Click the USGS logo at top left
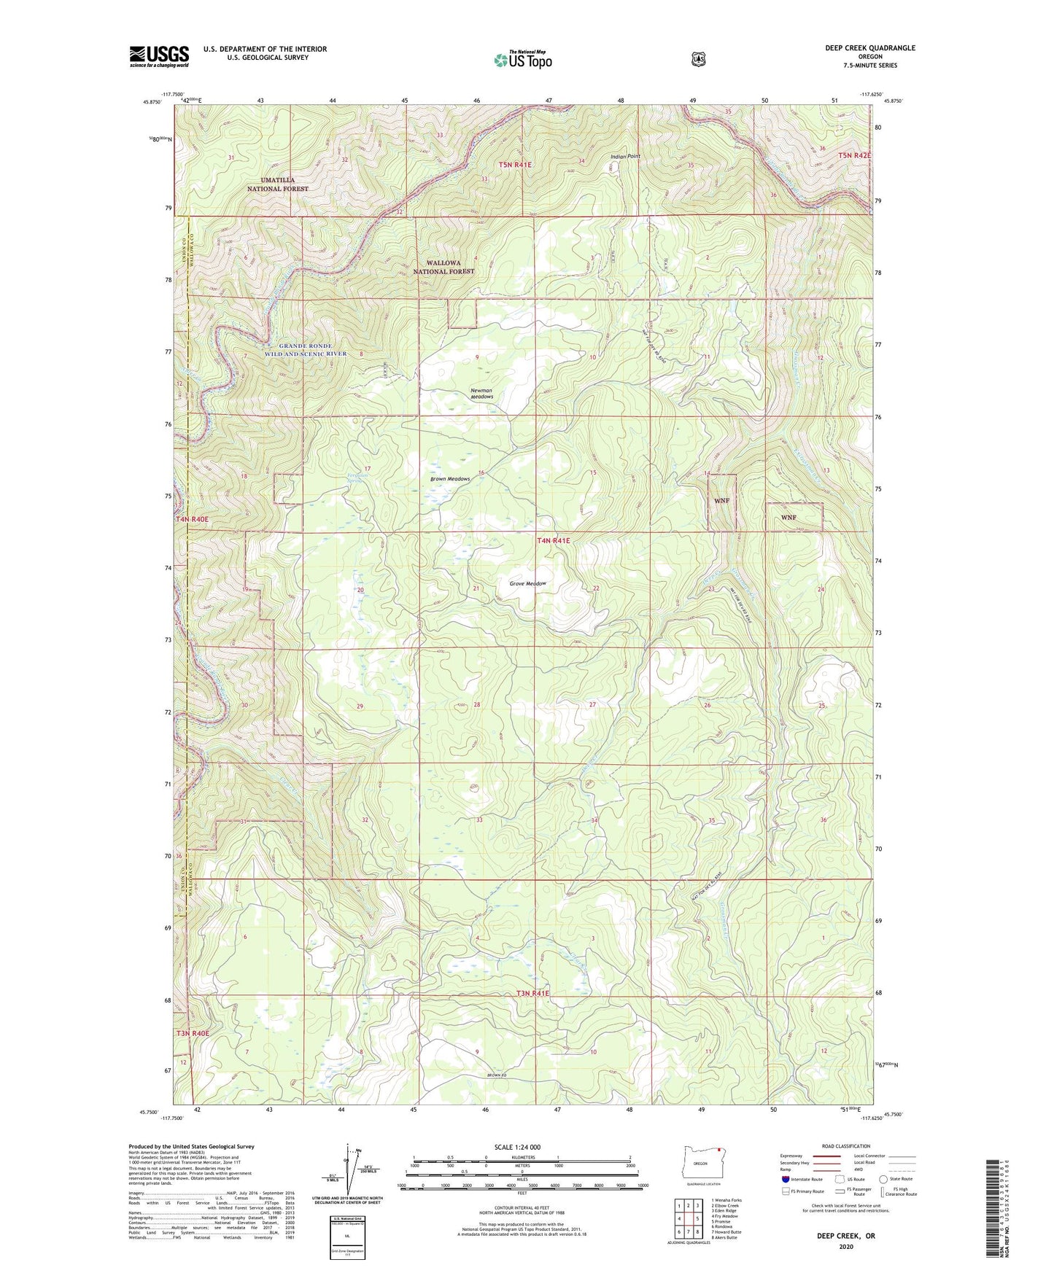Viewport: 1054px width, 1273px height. coord(159,56)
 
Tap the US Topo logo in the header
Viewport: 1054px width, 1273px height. coord(522,60)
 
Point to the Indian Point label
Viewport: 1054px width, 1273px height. coord(625,156)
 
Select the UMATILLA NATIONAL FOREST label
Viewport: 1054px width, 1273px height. coord(277,184)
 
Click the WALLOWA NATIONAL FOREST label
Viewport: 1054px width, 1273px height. coord(443,267)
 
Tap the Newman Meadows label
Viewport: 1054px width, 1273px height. coord(481,394)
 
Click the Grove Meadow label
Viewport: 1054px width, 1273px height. coord(527,583)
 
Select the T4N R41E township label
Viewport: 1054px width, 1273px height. coord(553,541)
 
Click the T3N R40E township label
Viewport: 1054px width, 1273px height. coord(192,1033)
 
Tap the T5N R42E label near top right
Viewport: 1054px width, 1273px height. coord(854,155)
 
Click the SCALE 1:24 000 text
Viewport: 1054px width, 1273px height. coord(517,1147)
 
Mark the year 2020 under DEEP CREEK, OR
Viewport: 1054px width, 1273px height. coord(846,1247)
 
